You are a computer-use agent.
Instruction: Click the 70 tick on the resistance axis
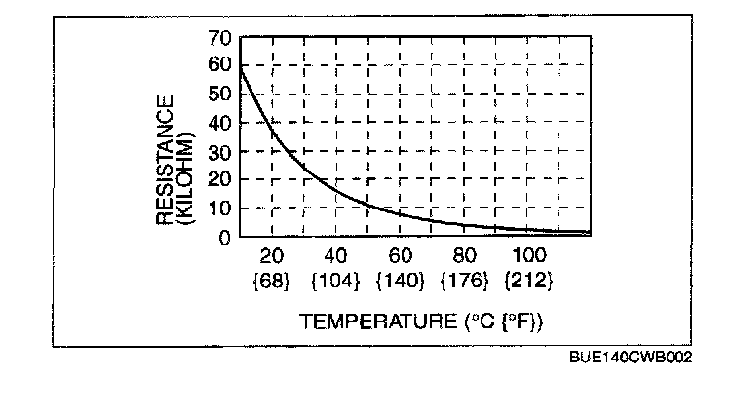coord(220,38)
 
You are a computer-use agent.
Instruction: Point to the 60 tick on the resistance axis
coord(220,66)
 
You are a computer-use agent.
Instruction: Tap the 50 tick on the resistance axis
coord(220,95)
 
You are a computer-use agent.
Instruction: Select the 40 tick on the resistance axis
coord(220,123)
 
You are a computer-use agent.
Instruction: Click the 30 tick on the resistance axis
coord(220,151)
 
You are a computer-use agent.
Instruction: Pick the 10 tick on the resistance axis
coord(220,208)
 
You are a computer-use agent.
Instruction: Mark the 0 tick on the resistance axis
coord(225,236)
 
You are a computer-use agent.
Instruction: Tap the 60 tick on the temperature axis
coord(400,256)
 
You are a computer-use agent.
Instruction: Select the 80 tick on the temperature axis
coord(464,256)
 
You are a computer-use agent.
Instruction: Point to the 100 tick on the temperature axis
coord(528,256)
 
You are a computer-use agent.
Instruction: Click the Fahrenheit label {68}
coord(271,281)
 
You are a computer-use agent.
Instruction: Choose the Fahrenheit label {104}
coord(335,281)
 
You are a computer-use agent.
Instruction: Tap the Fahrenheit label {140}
coord(400,281)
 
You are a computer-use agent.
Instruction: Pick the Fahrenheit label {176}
coord(464,281)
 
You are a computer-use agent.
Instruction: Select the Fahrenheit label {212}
coord(528,281)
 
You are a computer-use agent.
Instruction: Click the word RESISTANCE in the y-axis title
coord(165,160)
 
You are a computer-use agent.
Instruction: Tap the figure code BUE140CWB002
coord(630,358)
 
